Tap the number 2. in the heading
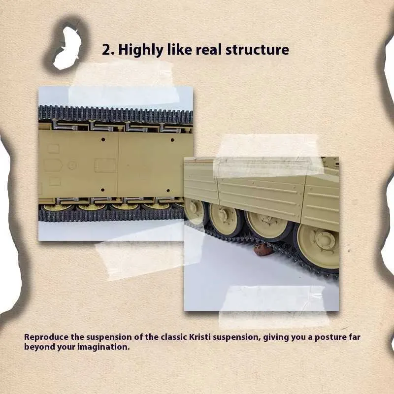point(108,50)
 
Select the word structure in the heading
point(257,50)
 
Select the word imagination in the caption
point(103,347)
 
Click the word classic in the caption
point(174,337)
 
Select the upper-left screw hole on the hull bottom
point(103,139)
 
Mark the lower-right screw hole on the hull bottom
point(168,191)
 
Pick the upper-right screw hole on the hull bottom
point(172,140)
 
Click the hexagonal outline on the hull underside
point(53,165)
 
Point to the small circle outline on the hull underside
point(72,165)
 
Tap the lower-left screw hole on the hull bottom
point(102,190)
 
